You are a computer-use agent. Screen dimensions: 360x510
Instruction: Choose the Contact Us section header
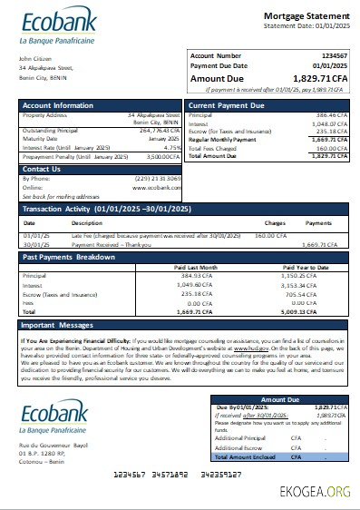point(42,169)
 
